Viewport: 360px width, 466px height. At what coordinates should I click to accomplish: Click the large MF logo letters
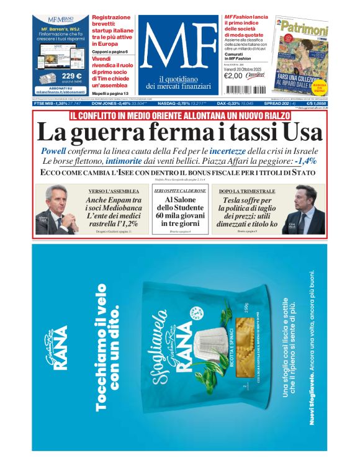(179, 48)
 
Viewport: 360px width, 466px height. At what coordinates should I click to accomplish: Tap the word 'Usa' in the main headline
(303, 133)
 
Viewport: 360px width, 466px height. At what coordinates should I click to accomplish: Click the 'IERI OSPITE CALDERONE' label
(180, 191)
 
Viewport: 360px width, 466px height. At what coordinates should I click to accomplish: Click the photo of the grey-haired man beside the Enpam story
(56, 210)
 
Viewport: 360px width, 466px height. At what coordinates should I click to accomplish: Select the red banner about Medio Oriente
(179, 116)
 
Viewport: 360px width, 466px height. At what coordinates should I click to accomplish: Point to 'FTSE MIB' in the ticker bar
(46, 103)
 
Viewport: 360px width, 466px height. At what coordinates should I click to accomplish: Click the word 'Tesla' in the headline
(233, 200)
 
